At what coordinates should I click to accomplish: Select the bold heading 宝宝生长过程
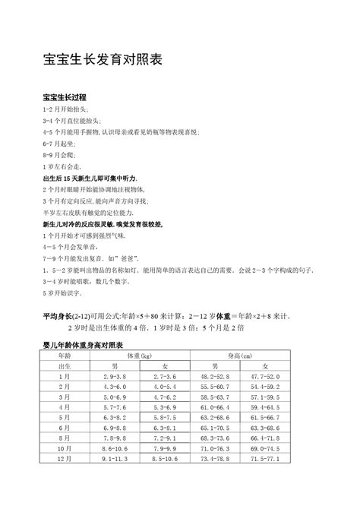pos(65,99)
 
